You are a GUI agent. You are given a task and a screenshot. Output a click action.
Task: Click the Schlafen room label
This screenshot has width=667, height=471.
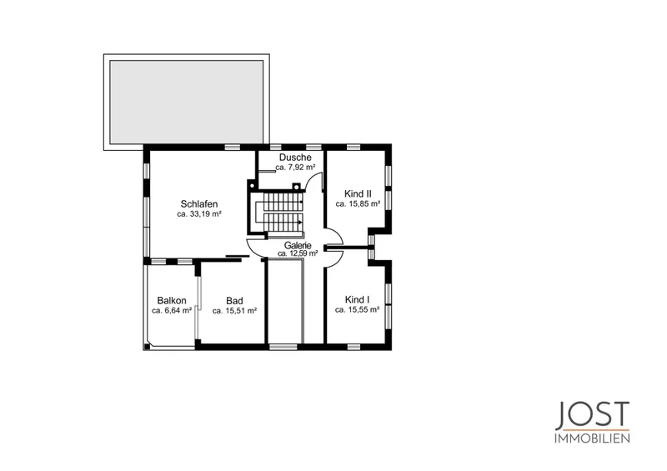(199, 203)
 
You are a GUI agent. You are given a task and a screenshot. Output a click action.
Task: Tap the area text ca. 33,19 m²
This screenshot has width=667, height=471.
(199, 214)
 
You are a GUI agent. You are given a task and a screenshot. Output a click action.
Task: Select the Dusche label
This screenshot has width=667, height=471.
(295, 158)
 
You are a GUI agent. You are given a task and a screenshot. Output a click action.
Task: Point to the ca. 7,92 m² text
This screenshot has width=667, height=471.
(295, 168)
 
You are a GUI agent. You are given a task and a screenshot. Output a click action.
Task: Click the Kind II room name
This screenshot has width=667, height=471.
(358, 193)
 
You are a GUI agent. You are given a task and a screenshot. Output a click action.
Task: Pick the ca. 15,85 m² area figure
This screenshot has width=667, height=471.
(358, 203)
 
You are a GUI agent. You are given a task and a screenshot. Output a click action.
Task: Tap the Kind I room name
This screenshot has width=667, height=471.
(358, 299)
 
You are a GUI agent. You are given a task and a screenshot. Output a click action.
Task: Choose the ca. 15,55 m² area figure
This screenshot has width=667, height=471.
(358, 310)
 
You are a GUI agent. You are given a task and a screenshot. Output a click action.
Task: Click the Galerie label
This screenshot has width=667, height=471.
(298, 245)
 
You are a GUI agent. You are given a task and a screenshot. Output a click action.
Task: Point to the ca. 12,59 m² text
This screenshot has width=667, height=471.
(298, 253)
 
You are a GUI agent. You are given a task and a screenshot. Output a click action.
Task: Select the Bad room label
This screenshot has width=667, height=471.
(234, 301)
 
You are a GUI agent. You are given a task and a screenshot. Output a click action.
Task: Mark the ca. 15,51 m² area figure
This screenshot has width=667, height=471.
(234, 311)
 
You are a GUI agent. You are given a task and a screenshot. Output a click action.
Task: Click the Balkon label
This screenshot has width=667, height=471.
(172, 300)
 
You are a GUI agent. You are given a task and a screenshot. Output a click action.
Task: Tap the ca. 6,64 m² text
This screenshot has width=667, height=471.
(172, 311)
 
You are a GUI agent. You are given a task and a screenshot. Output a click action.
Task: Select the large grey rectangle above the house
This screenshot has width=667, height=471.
(186, 102)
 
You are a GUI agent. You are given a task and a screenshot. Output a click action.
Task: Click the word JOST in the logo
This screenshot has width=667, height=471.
(592, 415)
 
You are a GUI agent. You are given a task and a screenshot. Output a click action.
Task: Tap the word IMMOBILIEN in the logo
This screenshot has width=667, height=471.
(592, 438)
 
